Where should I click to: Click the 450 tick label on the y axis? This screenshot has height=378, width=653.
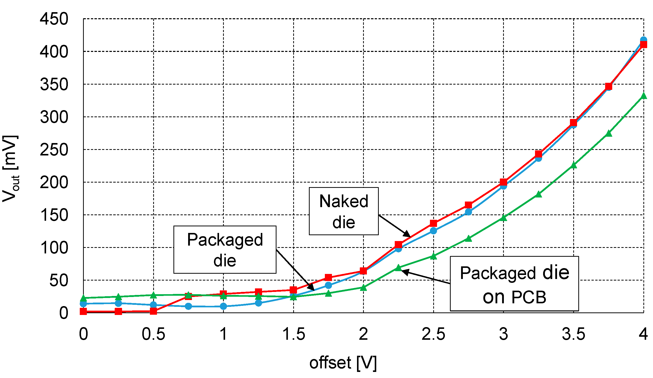(x=54, y=19)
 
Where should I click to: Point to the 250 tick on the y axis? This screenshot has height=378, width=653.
(x=54, y=150)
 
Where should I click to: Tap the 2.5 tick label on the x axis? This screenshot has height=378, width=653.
(x=433, y=334)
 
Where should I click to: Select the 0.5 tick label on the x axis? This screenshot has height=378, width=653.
(x=153, y=334)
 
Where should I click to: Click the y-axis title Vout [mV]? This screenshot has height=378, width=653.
(x=10, y=168)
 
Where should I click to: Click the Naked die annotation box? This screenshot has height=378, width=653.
(x=344, y=211)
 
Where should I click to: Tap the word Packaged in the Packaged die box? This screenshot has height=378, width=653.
(x=225, y=240)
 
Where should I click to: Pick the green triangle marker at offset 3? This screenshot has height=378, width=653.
(x=503, y=218)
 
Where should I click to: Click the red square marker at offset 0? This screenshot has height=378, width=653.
(x=84, y=311)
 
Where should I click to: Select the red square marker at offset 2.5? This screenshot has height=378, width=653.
(x=433, y=223)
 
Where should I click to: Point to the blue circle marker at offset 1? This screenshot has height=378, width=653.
(x=223, y=306)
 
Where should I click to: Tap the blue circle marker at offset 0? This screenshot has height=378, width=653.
(x=84, y=304)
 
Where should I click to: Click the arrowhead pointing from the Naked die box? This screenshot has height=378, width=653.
(x=407, y=234)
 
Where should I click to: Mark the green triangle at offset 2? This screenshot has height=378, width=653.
(x=364, y=288)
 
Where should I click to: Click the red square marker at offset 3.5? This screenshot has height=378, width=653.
(x=573, y=123)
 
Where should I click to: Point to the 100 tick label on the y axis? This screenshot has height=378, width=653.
(x=54, y=248)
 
